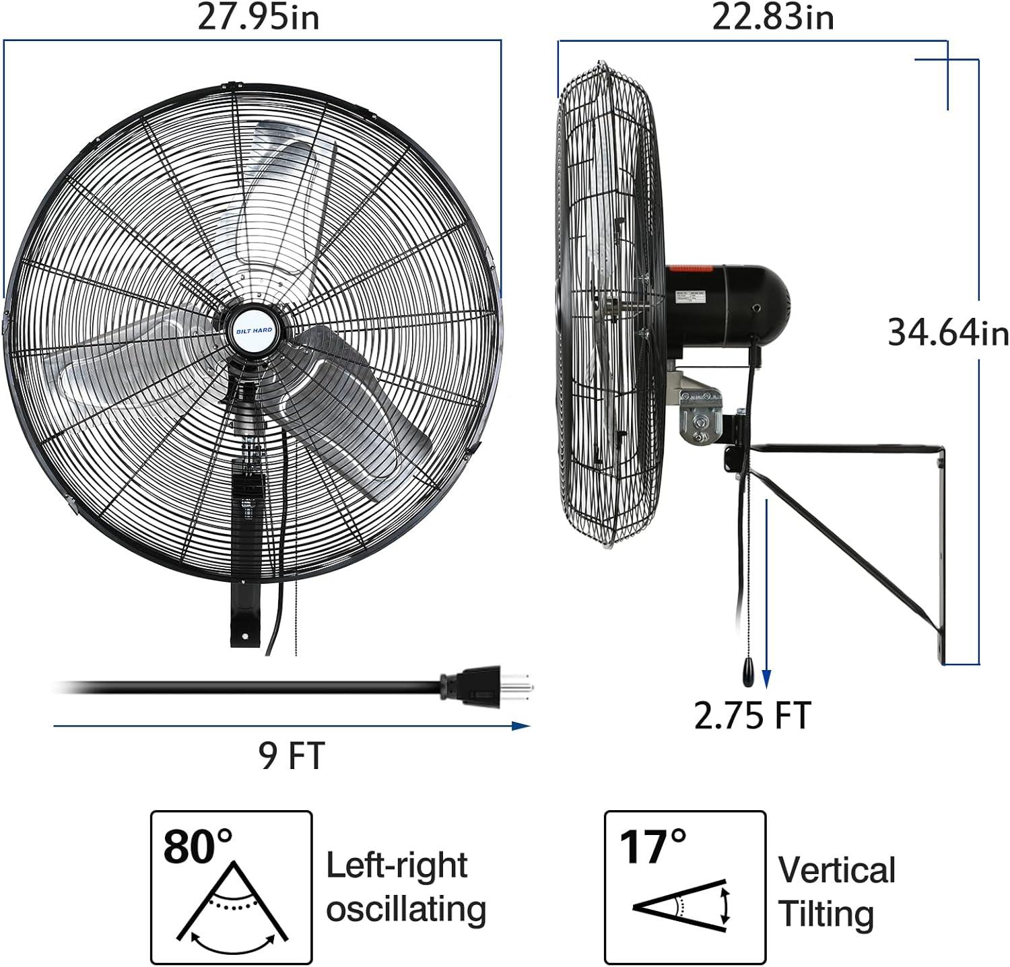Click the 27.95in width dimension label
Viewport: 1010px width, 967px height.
258,18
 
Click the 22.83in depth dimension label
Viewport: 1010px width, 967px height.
773,18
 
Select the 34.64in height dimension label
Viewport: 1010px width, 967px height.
948,332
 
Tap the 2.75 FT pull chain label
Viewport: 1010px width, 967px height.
753,715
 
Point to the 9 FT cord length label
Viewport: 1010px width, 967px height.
292,754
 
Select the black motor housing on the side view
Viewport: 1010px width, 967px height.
727,306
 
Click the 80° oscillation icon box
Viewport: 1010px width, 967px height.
231,887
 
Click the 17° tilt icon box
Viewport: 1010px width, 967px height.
685,887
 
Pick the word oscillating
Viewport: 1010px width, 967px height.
406,909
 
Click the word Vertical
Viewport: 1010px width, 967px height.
837,870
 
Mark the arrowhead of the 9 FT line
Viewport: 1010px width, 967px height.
521,726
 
